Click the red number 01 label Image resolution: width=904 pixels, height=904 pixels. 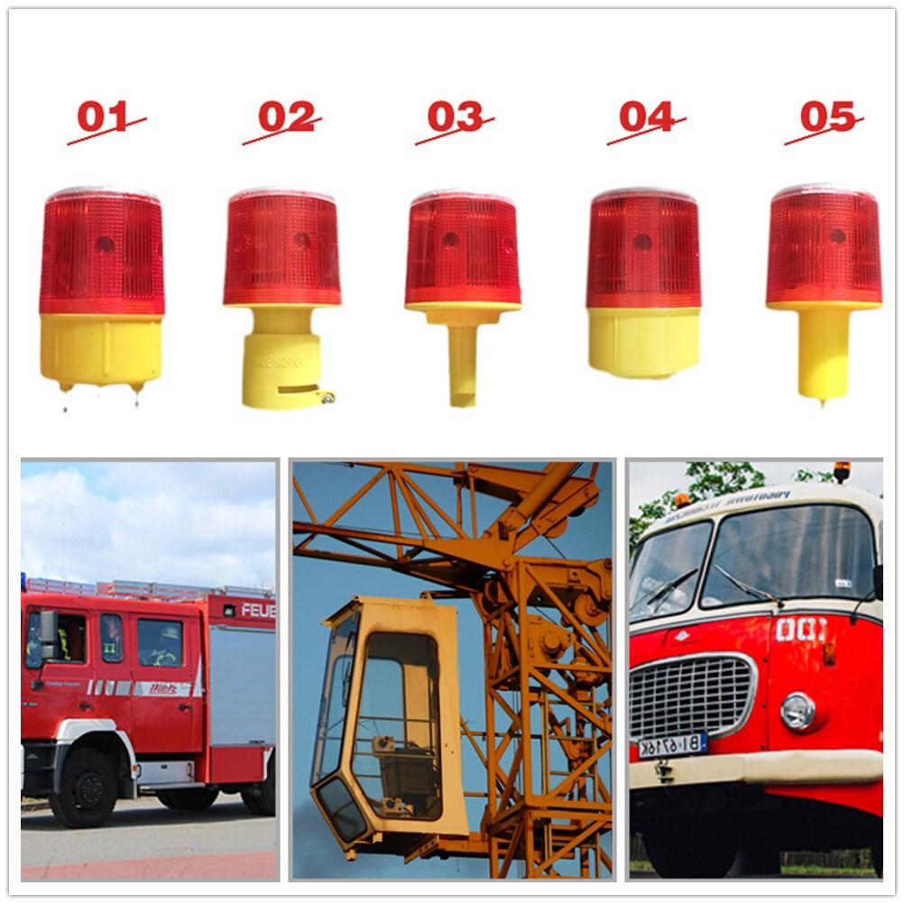tap(103, 116)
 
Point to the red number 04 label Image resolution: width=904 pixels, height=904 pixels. tap(646, 116)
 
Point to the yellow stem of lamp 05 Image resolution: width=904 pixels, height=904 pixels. tap(823, 353)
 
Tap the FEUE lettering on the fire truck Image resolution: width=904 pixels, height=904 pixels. tap(258, 611)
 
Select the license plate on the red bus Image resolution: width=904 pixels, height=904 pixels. tap(672, 744)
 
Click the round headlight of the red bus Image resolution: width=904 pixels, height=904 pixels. tap(798, 710)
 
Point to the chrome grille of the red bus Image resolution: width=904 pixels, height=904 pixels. tap(690, 696)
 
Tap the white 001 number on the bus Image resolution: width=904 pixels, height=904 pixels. tap(799, 629)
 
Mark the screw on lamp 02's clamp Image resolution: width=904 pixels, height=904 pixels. tap(328, 397)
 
